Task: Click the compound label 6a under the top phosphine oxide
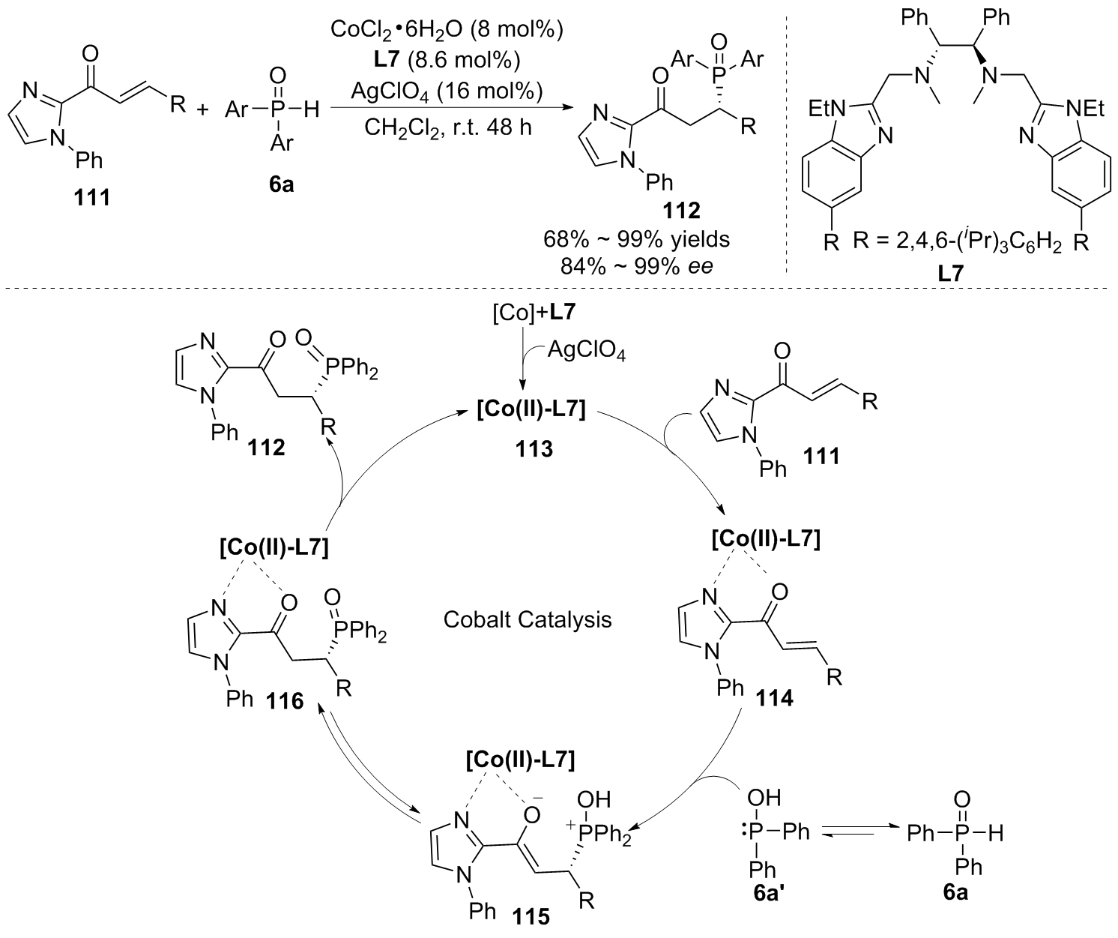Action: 282,184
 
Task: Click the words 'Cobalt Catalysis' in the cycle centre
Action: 528,620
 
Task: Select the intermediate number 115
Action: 531,915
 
